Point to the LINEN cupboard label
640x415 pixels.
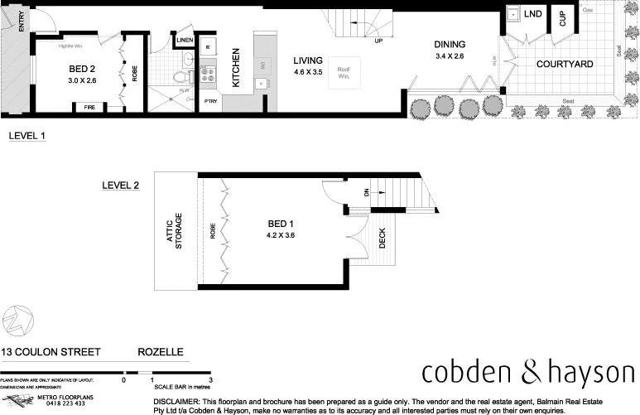click(185, 40)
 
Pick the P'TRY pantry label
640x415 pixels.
click(209, 102)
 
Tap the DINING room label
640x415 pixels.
click(450, 45)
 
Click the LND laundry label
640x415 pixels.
click(533, 14)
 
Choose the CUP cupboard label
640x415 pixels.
click(563, 18)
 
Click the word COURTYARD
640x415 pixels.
click(565, 64)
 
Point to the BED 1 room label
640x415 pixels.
click(282, 224)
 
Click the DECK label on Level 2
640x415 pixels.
click(382, 239)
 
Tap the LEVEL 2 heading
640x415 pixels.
click(121, 186)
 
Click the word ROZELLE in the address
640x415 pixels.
click(160, 352)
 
